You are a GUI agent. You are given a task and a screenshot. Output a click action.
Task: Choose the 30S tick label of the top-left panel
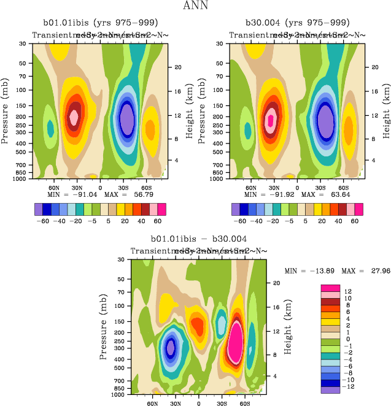click(x=126, y=187)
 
